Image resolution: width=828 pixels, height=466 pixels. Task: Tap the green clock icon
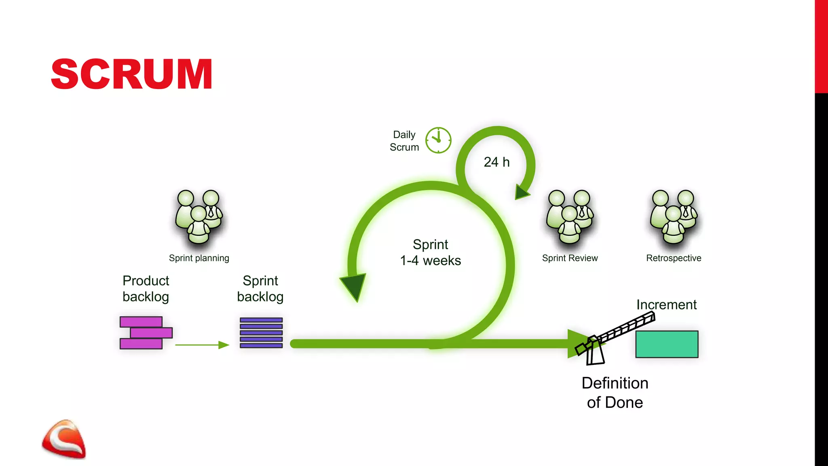tap(438, 140)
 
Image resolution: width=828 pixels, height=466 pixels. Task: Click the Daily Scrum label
tap(404, 141)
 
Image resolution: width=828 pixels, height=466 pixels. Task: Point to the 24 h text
tap(496, 162)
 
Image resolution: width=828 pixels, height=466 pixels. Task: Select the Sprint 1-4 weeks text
tap(431, 252)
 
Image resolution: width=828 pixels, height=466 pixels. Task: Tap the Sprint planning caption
tap(199, 258)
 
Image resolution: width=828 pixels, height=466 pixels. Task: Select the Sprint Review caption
tap(570, 258)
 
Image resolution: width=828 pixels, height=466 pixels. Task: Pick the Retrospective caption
tap(674, 258)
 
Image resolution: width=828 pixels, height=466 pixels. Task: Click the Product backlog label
tap(146, 289)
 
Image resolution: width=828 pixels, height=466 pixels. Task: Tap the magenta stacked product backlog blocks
tap(146, 333)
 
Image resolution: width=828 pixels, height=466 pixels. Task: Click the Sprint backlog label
tap(260, 289)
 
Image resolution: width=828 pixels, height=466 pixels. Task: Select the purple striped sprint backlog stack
tap(261, 333)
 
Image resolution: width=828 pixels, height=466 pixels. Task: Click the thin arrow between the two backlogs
tap(202, 345)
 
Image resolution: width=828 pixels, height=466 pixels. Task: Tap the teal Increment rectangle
tap(667, 344)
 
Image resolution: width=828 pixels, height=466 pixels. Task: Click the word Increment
tap(666, 305)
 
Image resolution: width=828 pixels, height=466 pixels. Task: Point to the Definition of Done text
tap(615, 393)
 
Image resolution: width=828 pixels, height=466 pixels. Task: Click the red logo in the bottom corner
tap(64, 440)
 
